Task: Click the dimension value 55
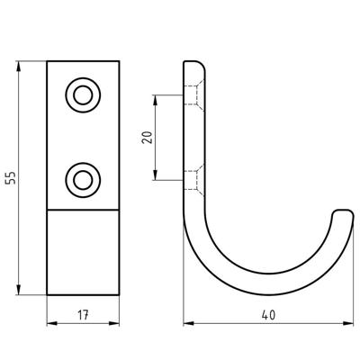click(11, 178)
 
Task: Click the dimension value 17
click(83, 315)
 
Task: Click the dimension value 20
click(148, 138)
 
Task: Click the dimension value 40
click(268, 315)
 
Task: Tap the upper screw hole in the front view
click(83, 95)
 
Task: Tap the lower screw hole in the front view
click(83, 180)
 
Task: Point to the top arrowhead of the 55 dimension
click(19, 67)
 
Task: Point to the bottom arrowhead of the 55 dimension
click(19, 290)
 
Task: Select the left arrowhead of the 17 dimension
click(52, 323)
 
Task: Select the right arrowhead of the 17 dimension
click(114, 323)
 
